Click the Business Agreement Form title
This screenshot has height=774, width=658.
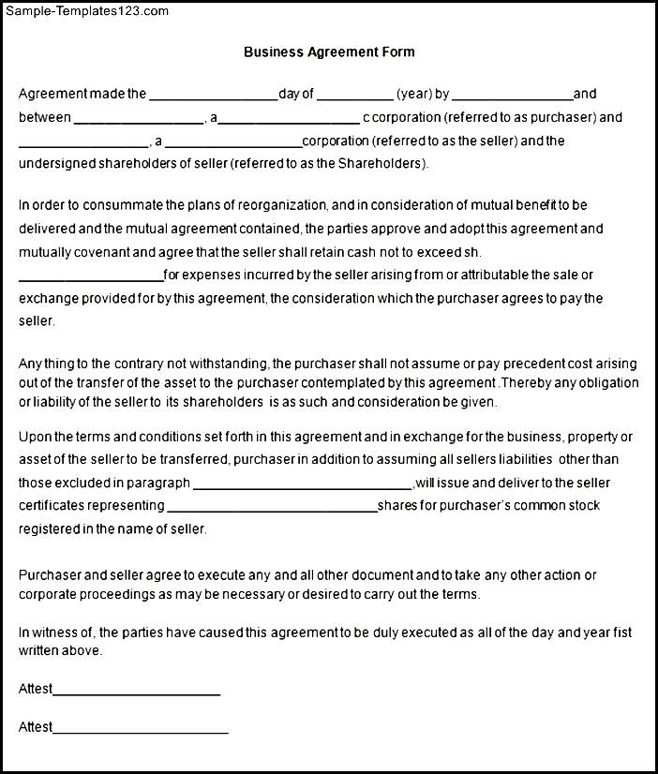329,52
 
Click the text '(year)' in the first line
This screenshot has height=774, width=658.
413,94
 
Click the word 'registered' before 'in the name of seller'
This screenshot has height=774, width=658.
48,528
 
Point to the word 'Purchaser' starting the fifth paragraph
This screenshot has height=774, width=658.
48,575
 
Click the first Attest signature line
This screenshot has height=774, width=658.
137,693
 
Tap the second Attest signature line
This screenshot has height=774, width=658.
141,731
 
